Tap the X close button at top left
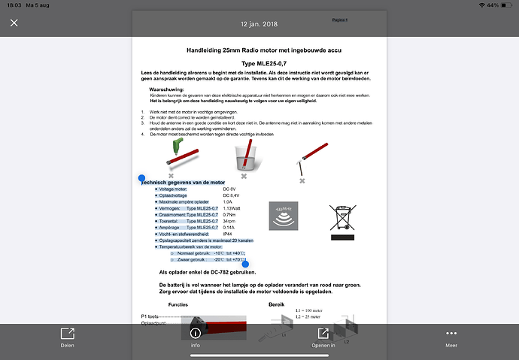click(14, 23)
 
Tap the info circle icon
click(195, 333)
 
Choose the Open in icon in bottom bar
click(323, 333)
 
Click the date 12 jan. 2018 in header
click(259, 23)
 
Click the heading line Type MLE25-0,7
click(259, 63)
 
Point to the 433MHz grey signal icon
click(284, 216)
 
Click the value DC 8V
click(230, 189)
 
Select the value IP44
click(228, 234)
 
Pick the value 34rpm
click(230, 221)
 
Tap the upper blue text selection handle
click(141, 179)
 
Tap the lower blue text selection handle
click(245, 264)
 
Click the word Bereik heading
click(278, 304)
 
